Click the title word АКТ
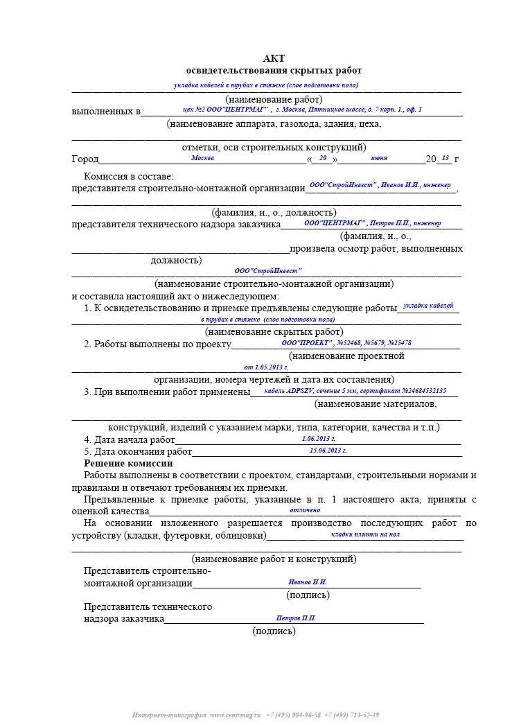click(x=274, y=58)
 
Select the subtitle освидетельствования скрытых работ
click(x=274, y=71)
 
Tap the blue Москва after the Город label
click(x=202, y=158)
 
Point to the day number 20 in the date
click(x=323, y=158)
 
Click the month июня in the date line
click(x=379, y=158)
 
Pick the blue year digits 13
click(x=445, y=158)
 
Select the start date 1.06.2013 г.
click(x=319, y=439)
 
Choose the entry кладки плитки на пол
click(x=365, y=534)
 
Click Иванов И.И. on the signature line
click(x=307, y=582)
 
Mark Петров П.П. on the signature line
click(x=296, y=618)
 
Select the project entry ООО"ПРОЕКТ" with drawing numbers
click(x=346, y=342)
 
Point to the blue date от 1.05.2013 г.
click(x=266, y=367)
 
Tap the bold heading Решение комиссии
click(x=128, y=463)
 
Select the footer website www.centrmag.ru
click(x=235, y=715)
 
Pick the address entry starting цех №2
click(x=301, y=110)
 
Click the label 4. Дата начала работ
click(x=130, y=439)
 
